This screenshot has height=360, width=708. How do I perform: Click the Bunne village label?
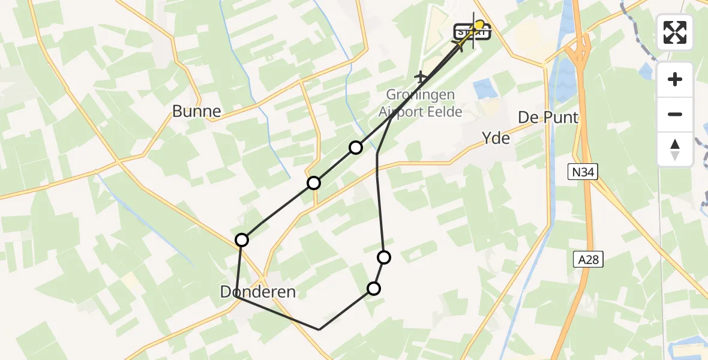tap(196, 111)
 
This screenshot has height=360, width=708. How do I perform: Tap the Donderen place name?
tap(258, 292)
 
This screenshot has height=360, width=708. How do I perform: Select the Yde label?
tap(496, 139)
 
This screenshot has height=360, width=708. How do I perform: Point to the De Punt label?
tap(548, 117)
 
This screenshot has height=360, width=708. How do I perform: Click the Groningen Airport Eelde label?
tap(420, 103)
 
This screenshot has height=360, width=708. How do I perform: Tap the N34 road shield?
tap(583, 173)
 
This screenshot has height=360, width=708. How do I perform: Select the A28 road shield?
tap(587, 259)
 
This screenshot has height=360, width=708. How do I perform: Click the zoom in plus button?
tap(675, 79)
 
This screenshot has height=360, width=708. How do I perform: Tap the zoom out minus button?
tap(675, 114)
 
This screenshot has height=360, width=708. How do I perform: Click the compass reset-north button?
tap(675, 149)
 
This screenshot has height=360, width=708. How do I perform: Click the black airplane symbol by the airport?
tap(421, 77)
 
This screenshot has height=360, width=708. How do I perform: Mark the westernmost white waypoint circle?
tap(242, 240)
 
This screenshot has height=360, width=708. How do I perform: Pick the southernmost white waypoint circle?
tap(374, 289)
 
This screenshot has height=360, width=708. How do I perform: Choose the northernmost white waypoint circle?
tap(356, 147)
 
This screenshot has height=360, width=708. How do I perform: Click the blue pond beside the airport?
tap(485, 89)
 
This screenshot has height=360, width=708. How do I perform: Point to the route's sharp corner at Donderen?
tap(237, 296)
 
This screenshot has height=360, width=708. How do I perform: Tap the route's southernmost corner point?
tap(319, 329)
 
